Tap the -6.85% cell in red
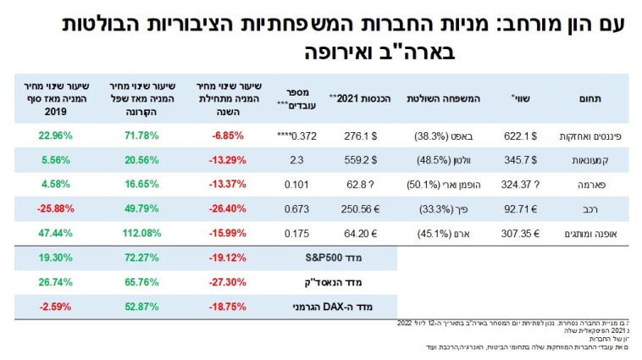(225, 135)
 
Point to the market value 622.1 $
(520, 135)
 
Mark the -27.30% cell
(225, 280)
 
